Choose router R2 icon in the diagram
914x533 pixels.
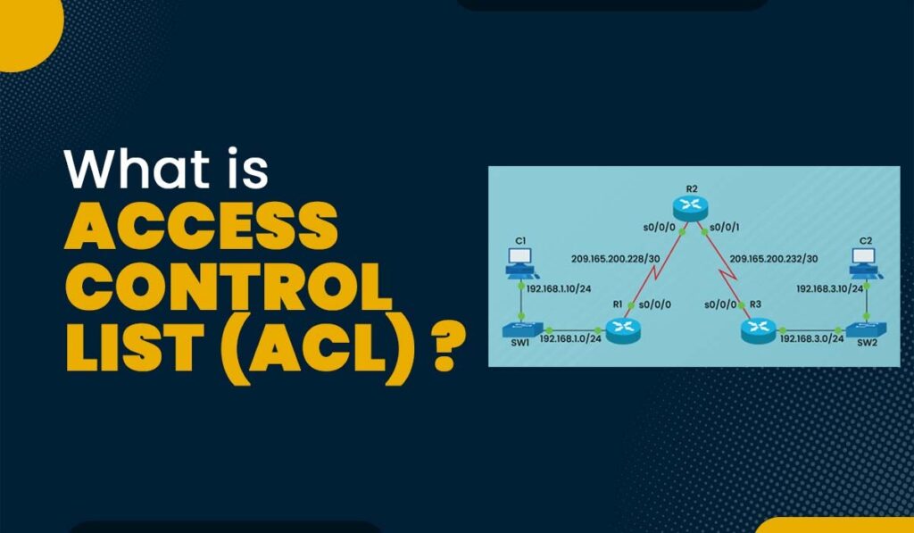click(692, 208)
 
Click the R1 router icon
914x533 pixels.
click(622, 330)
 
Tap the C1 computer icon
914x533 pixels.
click(519, 261)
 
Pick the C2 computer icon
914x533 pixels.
click(863, 261)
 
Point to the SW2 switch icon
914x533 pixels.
click(863, 328)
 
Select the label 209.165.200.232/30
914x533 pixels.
click(773, 260)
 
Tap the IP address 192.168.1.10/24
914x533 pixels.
click(562, 289)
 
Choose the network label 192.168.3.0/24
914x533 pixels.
click(810, 339)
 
